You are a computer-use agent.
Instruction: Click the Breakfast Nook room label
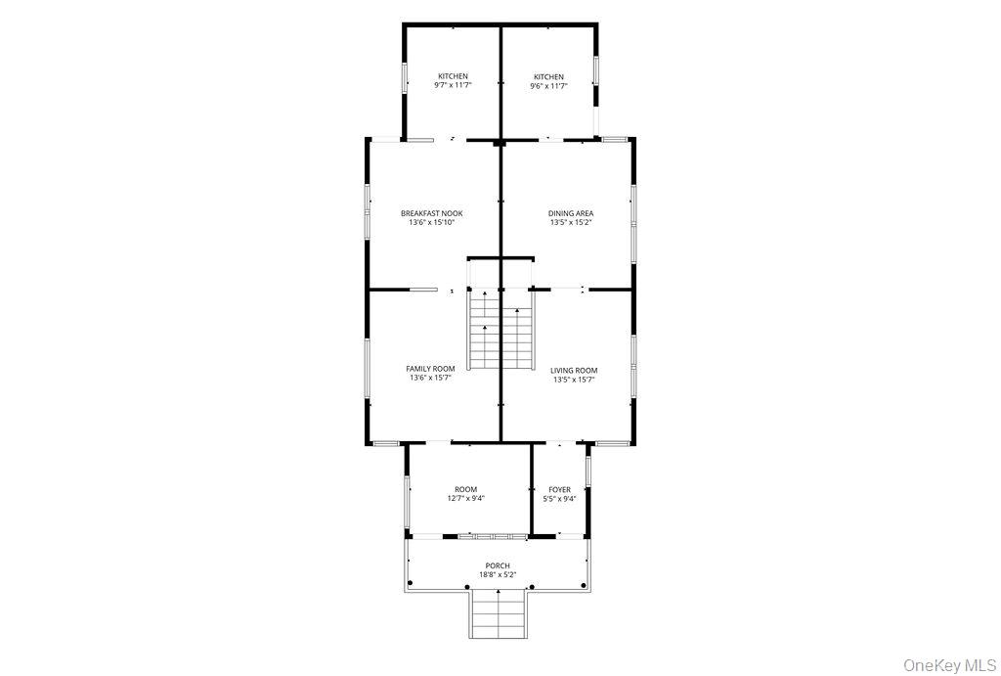431,213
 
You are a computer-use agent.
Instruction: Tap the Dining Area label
571,213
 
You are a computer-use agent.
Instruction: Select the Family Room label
430,369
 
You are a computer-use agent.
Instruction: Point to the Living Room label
574,370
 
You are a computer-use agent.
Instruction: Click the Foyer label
560,490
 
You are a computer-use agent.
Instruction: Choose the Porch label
498,565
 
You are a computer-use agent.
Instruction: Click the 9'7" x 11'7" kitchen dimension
453,85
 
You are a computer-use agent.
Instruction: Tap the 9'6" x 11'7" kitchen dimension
548,86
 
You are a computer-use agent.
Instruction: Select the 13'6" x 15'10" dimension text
431,223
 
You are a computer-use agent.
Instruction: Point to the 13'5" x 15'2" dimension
571,223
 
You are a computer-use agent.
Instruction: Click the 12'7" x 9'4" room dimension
466,499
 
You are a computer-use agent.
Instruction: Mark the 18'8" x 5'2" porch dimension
498,574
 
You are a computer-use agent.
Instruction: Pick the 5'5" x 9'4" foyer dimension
560,499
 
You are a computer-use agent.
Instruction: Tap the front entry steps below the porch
498,614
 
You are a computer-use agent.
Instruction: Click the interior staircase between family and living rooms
500,329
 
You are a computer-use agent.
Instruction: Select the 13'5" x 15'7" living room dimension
574,379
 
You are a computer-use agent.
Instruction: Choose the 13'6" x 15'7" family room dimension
430,378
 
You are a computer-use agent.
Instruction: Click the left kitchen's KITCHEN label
453,76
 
